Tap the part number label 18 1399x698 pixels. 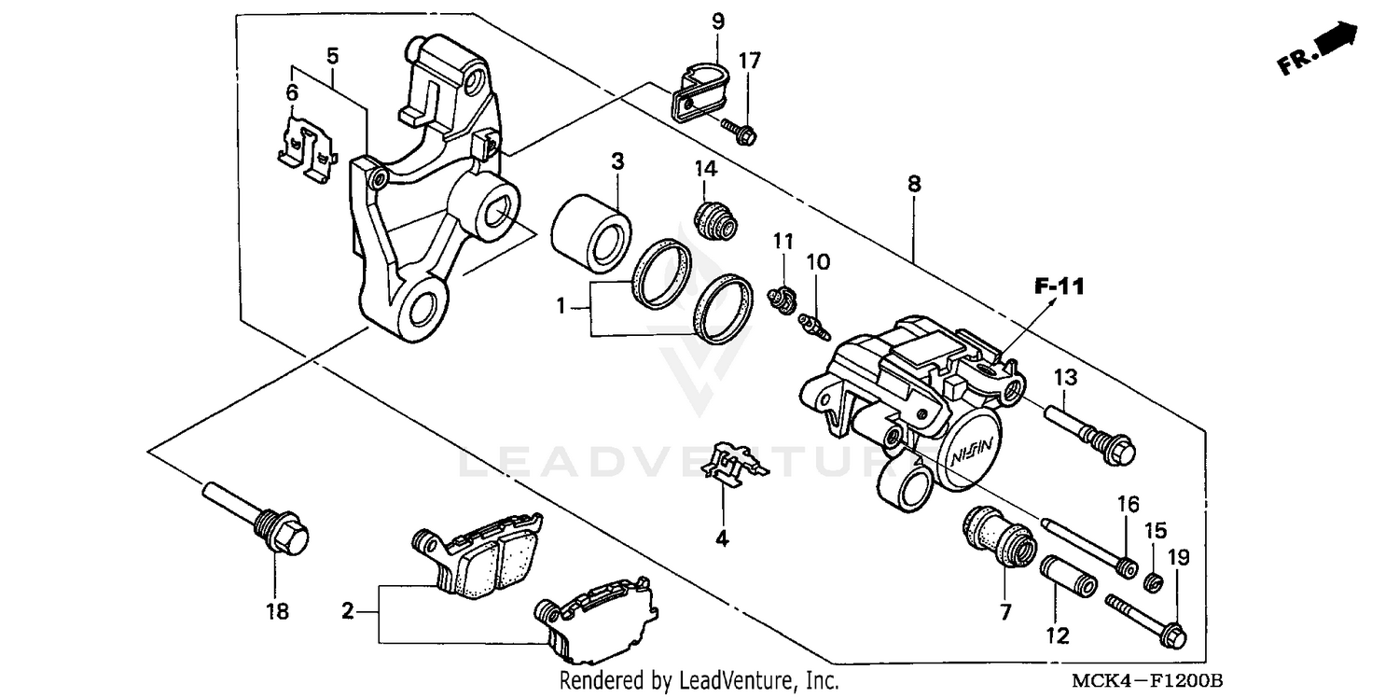(277, 612)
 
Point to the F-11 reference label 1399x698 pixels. (1059, 286)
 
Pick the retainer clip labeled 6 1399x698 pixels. (307, 146)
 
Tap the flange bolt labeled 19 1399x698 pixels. (1145, 618)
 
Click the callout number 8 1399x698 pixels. (913, 184)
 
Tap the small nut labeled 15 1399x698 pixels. (1154, 583)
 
